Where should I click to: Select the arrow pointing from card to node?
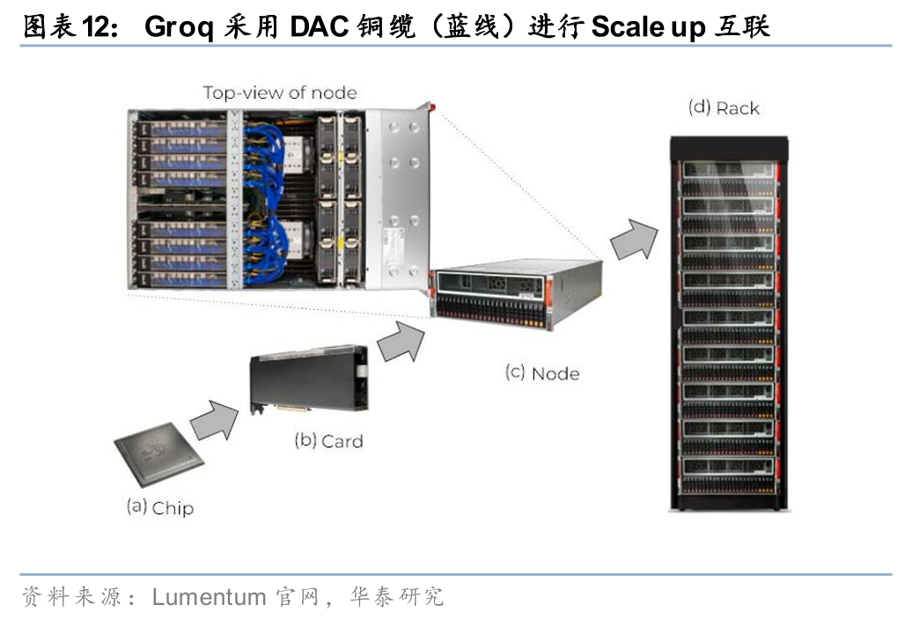(x=400, y=340)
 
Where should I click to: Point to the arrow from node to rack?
(x=635, y=239)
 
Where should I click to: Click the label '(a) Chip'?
(x=159, y=507)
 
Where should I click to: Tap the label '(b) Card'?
(x=327, y=440)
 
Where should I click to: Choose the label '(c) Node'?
(x=541, y=373)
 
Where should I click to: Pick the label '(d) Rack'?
(x=723, y=108)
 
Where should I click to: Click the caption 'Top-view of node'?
(x=279, y=92)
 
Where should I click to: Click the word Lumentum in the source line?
(x=209, y=597)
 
